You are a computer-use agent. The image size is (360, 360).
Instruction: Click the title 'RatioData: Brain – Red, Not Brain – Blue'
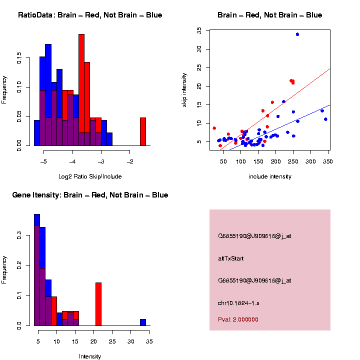click(x=90, y=15)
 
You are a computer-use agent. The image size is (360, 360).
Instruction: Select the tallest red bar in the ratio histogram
click(x=81, y=90)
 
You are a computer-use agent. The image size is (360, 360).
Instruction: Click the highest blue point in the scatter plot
click(x=297, y=34)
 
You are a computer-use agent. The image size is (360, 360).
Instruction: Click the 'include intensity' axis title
click(x=270, y=176)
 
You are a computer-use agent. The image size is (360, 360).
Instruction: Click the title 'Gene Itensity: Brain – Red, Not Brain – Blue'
click(x=90, y=195)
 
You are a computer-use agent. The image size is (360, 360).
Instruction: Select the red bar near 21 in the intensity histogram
click(x=98, y=304)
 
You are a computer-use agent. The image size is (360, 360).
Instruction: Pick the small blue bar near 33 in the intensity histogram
click(x=143, y=322)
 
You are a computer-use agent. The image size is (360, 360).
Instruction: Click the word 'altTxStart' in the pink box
click(x=230, y=258)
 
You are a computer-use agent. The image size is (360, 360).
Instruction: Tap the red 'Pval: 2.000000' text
click(x=238, y=319)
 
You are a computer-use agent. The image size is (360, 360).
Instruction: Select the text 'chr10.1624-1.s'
click(x=238, y=303)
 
